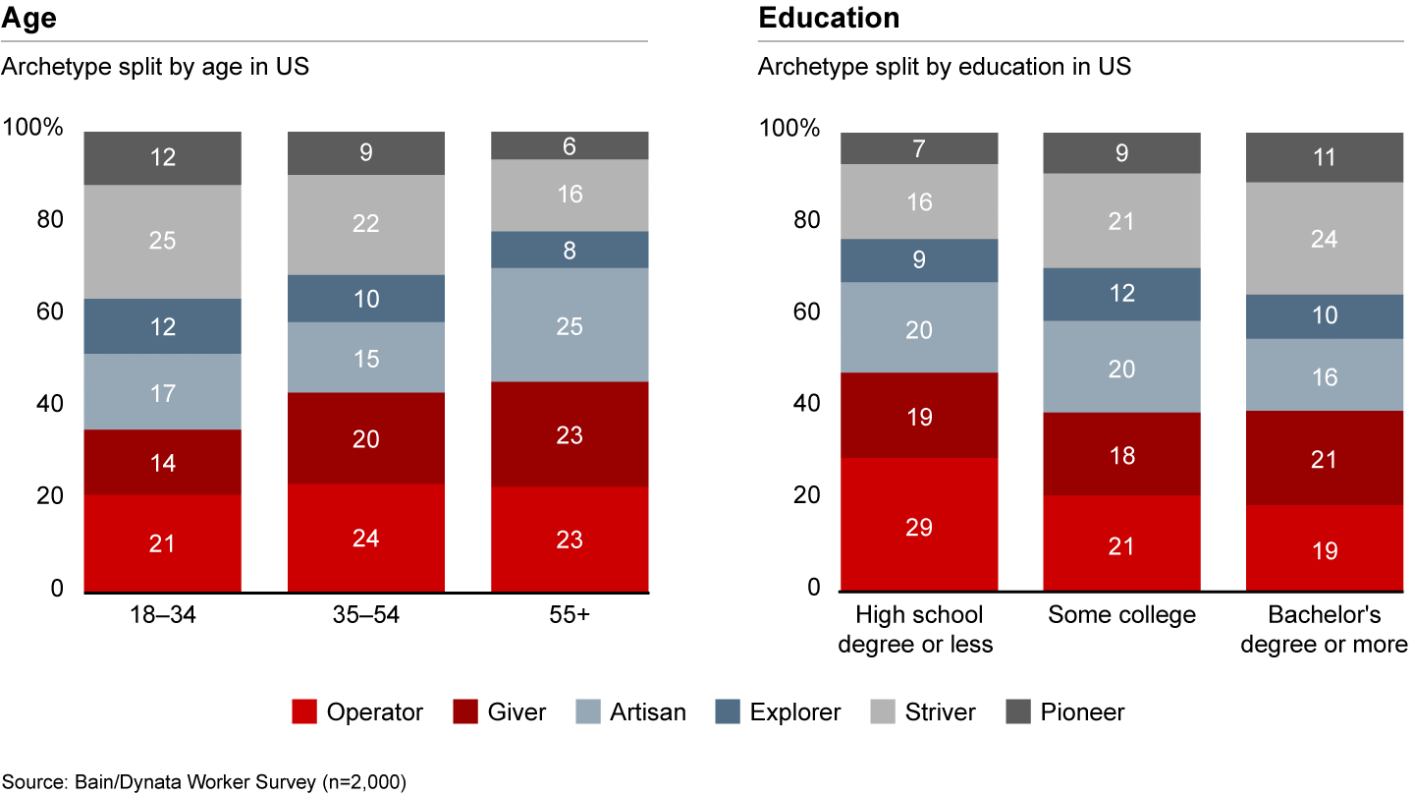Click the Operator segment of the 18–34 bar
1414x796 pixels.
(162, 542)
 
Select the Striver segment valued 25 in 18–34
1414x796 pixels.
(162, 241)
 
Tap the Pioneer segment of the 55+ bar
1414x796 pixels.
(569, 145)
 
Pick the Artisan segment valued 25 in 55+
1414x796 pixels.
(569, 324)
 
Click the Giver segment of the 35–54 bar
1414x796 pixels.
(365, 438)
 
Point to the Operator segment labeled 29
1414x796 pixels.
(919, 526)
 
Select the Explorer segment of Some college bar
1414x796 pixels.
(1121, 294)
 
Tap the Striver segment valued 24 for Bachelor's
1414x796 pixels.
(1324, 238)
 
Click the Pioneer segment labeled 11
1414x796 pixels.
(1324, 157)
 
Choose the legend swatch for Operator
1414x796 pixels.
(304, 711)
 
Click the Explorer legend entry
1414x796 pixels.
(777, 711)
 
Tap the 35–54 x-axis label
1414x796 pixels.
(365, 615)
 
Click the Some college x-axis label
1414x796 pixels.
(1121, 615)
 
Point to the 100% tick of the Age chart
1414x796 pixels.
(33, 128)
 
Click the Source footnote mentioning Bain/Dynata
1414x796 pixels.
(203, 781)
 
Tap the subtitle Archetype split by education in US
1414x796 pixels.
(944, 67)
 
